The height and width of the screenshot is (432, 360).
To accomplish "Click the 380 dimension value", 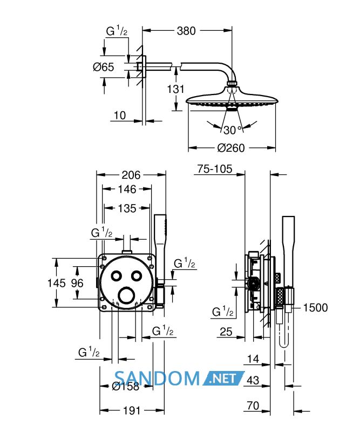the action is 186,31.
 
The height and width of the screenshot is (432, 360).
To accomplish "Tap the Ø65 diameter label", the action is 104,67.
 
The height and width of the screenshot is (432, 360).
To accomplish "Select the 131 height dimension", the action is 176,89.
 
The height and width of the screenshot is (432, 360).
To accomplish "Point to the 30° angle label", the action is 232,130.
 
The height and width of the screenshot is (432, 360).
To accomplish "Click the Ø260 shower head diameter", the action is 231,148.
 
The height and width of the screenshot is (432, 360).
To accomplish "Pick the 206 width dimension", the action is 131,175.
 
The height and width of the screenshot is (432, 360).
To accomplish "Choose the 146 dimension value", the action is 127,190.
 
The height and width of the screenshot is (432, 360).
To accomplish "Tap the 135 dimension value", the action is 127,208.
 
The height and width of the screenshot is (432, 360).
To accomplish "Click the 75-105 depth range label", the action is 215,169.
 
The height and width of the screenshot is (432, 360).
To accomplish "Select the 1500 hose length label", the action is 315,307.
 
